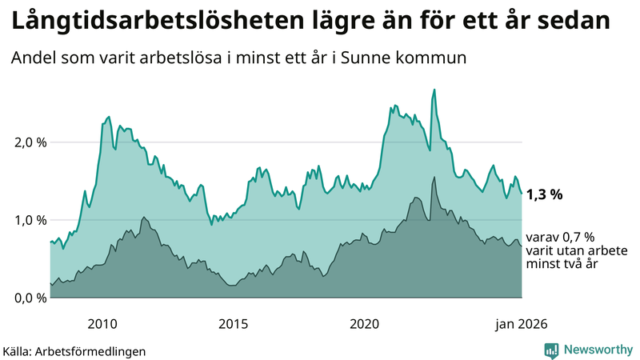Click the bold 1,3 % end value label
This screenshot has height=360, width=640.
[546, 194]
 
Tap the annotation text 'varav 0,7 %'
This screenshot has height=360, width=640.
[561, 238]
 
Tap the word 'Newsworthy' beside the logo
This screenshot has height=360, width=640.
[598, 350]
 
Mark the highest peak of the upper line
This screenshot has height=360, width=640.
[434, 90]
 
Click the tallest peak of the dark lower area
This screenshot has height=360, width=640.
[434, 178]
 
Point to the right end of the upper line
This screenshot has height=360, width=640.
[522, 194]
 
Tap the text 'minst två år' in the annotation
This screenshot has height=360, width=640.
[562, 265]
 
